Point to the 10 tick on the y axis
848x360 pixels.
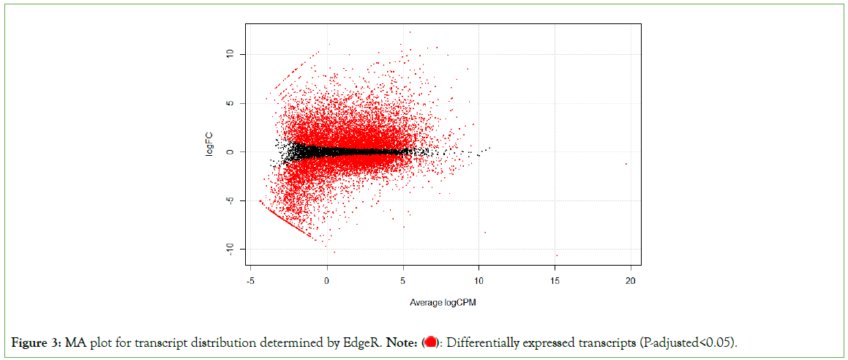(x=230, y=54)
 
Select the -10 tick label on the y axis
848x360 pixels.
(x=230, y=250)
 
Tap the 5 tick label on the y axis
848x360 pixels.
(x=230, y=103)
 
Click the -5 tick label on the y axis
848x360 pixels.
(x=230, y=201)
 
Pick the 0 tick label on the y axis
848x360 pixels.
(x=230, y=152)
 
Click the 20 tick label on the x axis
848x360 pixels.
(x=631, y=281)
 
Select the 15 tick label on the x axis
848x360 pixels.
(x=555, y=281)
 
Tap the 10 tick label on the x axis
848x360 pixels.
(x=479, y=281)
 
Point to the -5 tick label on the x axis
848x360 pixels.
(x=250, y=281)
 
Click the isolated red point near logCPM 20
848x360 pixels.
(x=626, y=164)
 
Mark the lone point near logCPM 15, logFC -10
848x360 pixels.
(x=557, y=255)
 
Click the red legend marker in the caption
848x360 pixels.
(x=431, y=342)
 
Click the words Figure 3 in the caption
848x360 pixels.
(x=37, y=342)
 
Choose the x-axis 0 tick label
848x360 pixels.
(x=326, y=281)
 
